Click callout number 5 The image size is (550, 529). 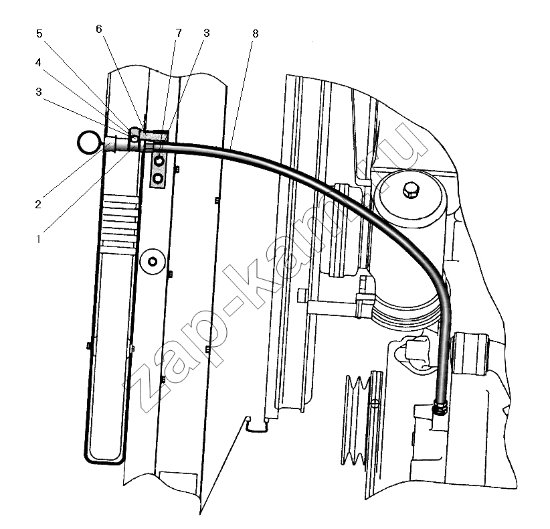coord(39,33)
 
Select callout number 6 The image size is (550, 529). coord(99,29)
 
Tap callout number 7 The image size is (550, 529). coord(179,33)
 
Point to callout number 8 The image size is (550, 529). coord(256,33)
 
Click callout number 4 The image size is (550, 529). coord(38,62)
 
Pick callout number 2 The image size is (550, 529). coord(38,204)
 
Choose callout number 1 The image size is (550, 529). coord(39,240)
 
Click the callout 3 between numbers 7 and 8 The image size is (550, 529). coord(206,33)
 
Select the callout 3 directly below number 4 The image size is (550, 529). coord(39,92)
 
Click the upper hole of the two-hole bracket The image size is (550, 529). coord(159,161)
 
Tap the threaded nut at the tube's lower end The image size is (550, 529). coord(440,408)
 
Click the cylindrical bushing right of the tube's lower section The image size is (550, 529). coord(471,354)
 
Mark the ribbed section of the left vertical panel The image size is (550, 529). coord(118,224)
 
